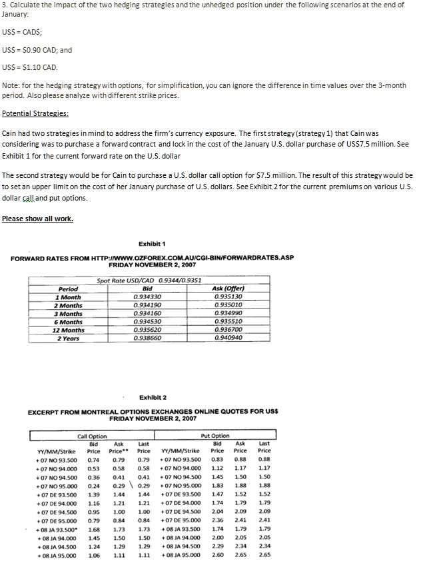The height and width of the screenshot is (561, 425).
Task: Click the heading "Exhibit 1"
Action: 152,244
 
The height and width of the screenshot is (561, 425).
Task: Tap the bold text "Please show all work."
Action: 37,219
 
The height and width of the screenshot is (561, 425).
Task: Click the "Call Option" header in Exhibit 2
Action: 92,436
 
